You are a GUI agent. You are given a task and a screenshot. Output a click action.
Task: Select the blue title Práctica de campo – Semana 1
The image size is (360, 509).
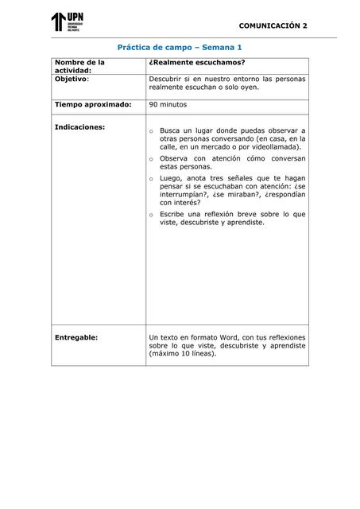click(x=180, y=48)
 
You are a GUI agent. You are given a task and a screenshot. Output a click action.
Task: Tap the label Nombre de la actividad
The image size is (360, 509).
click(x=79, y=66)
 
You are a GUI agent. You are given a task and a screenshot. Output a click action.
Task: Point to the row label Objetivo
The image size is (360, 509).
click(x=71, y=80)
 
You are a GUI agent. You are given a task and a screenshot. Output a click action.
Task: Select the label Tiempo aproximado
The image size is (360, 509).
click(x=92, y=104)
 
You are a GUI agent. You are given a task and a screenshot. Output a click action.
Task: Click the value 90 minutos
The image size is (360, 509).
click(x=168, y=104)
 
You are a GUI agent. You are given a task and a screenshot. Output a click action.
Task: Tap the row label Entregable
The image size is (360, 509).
click(x=76, y=337)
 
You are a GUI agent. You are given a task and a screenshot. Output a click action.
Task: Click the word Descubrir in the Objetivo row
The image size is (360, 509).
click(x=166, y=80)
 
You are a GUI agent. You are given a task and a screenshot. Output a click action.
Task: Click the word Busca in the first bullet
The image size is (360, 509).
click(x=169, y=130)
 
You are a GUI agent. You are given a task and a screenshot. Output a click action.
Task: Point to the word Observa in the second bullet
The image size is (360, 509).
click(x=175, y=159)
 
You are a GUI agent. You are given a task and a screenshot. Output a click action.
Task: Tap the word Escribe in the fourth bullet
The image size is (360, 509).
click(x=173, y=214)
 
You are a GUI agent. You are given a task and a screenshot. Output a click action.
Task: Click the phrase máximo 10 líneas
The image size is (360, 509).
click(x=183, y=354)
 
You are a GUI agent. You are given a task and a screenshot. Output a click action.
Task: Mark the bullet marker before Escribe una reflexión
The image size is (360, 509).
click(x=151, y=215)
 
